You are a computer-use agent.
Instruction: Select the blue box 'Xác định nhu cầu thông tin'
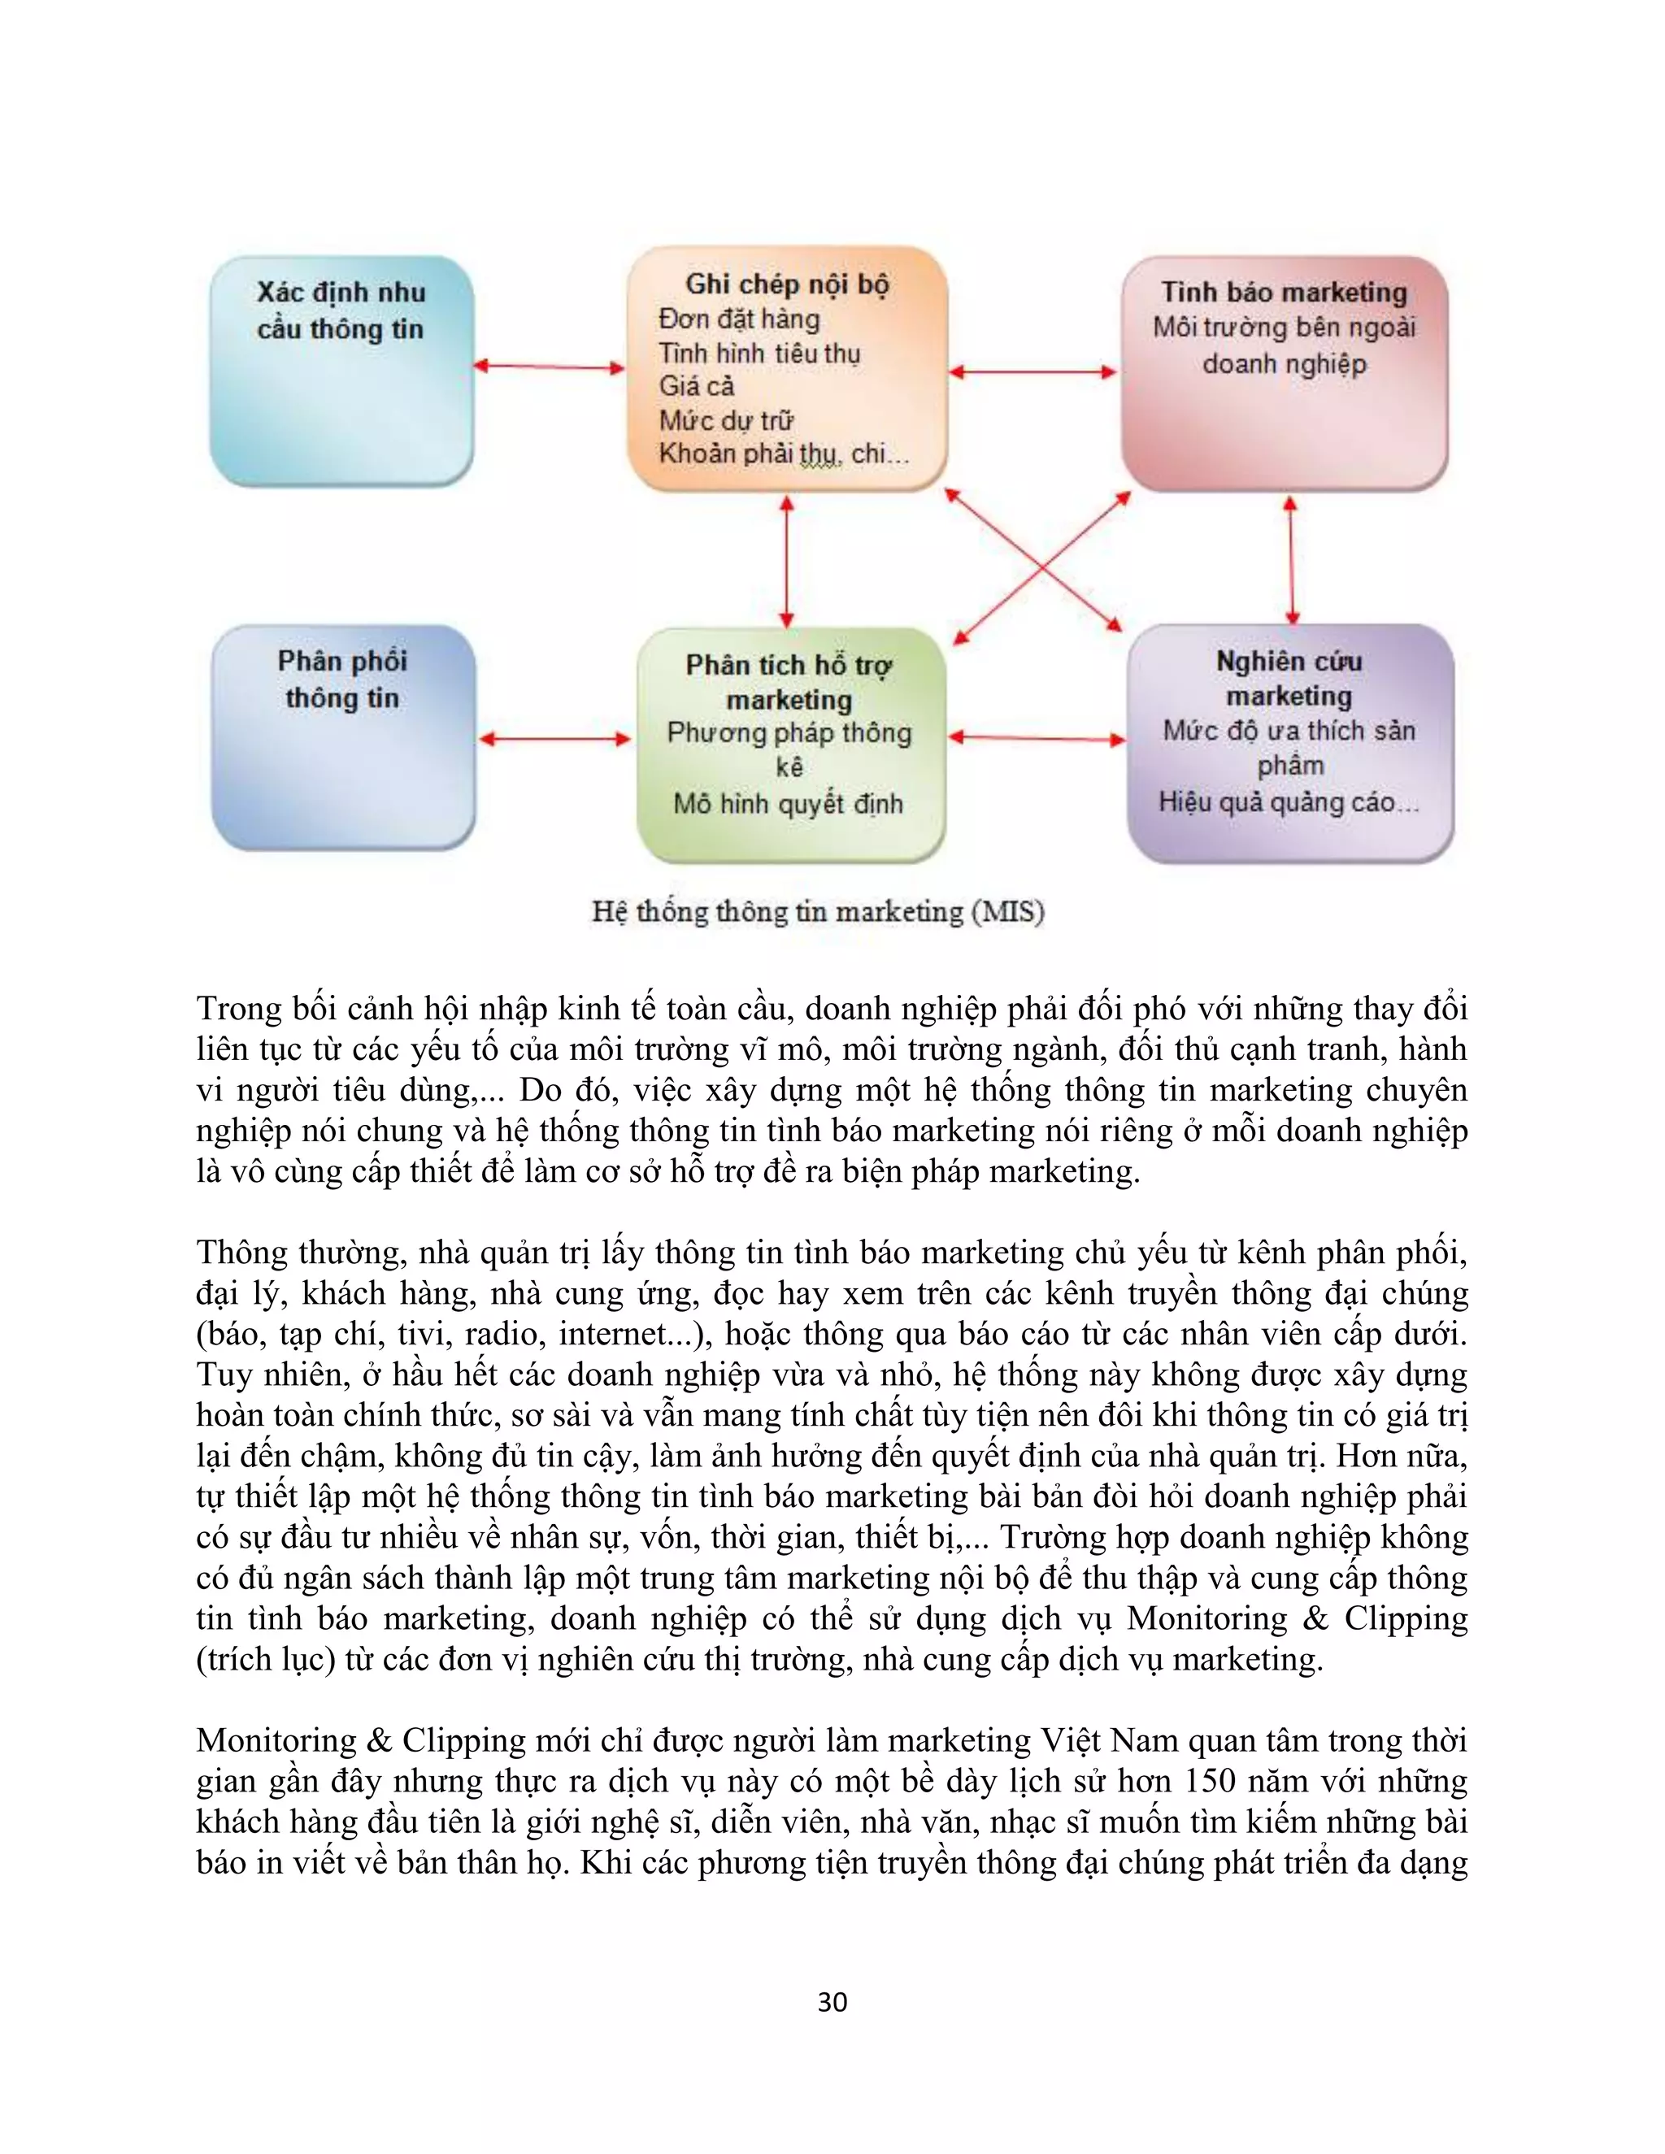click(341, 371)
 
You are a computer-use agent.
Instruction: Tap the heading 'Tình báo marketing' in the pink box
click(1285, 292)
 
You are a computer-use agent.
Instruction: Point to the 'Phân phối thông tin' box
click(343, 738)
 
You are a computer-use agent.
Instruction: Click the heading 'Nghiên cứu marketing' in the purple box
click(1289, 679)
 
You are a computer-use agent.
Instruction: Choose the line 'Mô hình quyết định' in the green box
click(788, 804)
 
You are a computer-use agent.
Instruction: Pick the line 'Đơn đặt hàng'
click(739, 319)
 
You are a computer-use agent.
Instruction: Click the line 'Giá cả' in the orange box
click(697, 387)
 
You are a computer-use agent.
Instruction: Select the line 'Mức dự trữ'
click(726, 421)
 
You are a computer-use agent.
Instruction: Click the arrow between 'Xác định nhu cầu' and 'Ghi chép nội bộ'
click(550, 367)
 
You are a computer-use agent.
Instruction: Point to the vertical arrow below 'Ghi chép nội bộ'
click(786, 560)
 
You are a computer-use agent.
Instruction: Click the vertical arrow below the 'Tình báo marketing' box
click(1290, 558)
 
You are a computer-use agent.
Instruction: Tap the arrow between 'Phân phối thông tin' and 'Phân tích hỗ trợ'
click(555, 738)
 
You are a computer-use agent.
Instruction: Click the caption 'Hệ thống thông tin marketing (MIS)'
click(818, 911)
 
